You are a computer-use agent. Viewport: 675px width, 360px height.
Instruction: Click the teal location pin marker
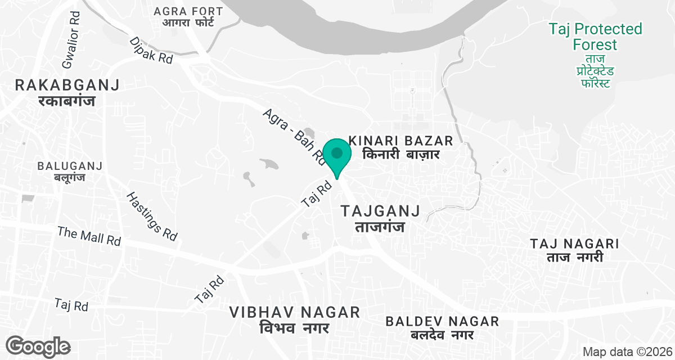[337, 154]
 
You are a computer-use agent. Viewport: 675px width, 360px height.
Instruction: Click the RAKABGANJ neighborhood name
[67, 85]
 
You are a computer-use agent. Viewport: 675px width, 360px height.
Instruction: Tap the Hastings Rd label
[152, 217]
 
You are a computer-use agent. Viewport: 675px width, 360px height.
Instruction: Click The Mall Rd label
[89, 236]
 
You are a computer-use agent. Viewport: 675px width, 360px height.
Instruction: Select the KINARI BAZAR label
[400, 140]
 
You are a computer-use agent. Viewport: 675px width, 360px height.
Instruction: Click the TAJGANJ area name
[381, 211]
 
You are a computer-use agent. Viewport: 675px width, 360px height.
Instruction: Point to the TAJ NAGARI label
[575, 244]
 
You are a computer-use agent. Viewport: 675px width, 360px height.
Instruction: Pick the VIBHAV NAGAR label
[295, 312]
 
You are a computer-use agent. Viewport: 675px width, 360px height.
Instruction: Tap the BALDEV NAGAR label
[442, 321]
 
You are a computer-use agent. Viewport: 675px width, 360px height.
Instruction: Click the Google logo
[38, 346]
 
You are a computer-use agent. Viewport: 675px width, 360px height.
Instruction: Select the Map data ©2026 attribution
[626, 352]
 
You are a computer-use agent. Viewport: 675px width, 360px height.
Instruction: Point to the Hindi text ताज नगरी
[575, 258]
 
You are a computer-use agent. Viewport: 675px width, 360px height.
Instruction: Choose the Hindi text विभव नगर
[295, 327]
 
